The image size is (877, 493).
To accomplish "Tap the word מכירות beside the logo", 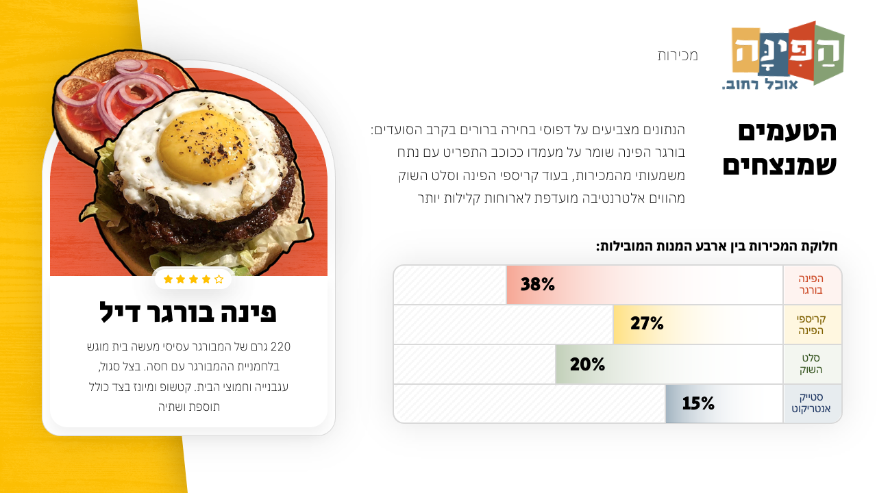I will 678,55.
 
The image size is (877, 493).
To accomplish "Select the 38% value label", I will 538,284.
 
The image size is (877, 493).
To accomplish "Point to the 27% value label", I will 647,324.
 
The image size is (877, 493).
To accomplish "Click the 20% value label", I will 587,364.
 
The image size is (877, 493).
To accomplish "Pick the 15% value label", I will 698,404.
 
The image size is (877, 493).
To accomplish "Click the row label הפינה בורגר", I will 811,284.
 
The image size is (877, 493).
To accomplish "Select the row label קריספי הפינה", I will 811,325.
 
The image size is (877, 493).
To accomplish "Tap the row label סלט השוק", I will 811,364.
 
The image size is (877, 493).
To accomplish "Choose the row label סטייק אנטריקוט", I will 811,404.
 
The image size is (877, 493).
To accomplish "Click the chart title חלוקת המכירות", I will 717,246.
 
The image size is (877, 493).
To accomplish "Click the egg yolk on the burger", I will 203,141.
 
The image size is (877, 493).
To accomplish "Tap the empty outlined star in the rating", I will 219,279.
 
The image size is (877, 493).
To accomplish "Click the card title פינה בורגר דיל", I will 188,312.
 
